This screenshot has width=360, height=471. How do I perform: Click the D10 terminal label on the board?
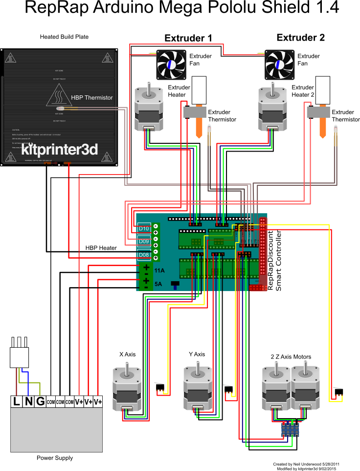[144, 228]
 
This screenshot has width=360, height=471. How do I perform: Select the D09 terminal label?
[144, 241]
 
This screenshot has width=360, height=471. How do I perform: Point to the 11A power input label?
[159, 270]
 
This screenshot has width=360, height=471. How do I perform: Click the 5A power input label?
[158, 284]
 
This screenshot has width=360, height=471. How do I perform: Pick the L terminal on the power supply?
[17, 402]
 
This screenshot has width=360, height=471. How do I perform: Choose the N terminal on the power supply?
[28, 402]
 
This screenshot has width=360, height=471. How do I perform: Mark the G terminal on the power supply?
[40, 402]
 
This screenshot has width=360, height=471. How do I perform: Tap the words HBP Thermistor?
[91, 98]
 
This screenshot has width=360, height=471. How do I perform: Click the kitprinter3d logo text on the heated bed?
[60, 149]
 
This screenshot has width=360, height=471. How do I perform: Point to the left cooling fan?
[171, 65]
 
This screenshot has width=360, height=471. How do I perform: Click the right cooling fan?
[280, 65]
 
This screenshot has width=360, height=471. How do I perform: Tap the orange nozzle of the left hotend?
[199, 127]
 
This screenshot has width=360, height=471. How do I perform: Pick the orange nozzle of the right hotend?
[322, 127]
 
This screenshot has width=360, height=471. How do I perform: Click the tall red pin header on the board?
[264, 252]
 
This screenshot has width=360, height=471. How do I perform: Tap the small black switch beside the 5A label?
[174, 284]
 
